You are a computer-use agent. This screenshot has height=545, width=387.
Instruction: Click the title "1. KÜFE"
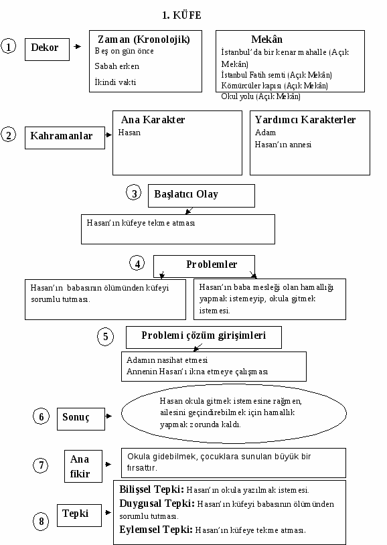(x=181, y=15)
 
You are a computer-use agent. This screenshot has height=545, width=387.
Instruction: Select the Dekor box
(x=47, y=50)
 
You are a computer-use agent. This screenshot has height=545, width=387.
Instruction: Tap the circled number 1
(x=8, y=46)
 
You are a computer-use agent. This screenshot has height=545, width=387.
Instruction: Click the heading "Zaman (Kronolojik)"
(x=143, y=40)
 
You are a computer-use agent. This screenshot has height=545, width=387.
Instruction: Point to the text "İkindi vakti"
(x=115, y=82)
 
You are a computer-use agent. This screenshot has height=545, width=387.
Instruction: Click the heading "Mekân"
(x=266, y=40)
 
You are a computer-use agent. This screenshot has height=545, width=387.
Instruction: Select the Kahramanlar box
(x=65, y=138)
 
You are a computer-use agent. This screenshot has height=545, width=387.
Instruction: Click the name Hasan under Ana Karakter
(x=129, y=133)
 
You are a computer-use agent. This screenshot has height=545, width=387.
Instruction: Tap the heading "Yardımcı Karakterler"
(x=305, y=120)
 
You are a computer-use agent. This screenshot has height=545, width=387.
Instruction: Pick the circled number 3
(x=134, y=193)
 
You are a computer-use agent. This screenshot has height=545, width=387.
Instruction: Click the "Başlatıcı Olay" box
(x=202, y=196)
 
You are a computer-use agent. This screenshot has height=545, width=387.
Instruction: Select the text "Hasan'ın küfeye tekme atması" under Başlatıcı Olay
(x=141, y=223)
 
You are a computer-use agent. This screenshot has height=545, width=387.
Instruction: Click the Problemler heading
(x=212, y=264)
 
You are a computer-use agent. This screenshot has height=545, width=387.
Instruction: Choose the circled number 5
(x=105, y=337)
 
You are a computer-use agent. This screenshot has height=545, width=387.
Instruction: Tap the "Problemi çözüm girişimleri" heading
(x=204, y=335)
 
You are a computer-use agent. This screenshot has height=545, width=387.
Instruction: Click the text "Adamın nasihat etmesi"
(x=167, y=360)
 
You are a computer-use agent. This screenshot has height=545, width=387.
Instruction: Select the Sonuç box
(x=81, y=419)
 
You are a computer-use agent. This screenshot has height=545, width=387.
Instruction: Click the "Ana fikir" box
(x=84, y=466)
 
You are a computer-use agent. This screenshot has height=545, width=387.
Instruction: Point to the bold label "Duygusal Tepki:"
(x=157, y=503)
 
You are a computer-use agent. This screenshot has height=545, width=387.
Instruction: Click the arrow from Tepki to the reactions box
(x=108, y=512)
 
